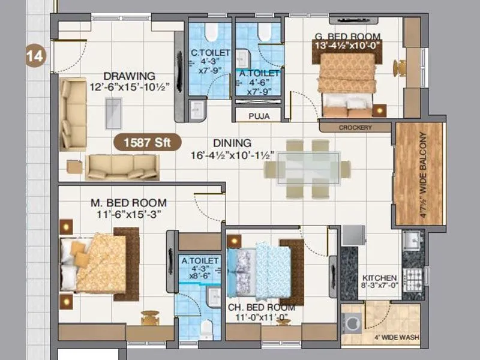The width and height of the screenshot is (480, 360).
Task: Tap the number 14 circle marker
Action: tap(35, 57)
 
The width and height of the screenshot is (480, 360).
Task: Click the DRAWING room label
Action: tap(129, 76)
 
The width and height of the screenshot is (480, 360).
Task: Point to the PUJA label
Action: tap(259, 115)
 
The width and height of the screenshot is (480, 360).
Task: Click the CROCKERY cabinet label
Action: tap(355, 128)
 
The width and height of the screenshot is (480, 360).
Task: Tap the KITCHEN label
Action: tap(379, 278)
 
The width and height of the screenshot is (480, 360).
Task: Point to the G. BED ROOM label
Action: tap(347, 35)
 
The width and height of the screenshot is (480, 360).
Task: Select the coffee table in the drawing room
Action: tap(113, 113)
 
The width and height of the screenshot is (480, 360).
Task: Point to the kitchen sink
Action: tap(413, 241)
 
